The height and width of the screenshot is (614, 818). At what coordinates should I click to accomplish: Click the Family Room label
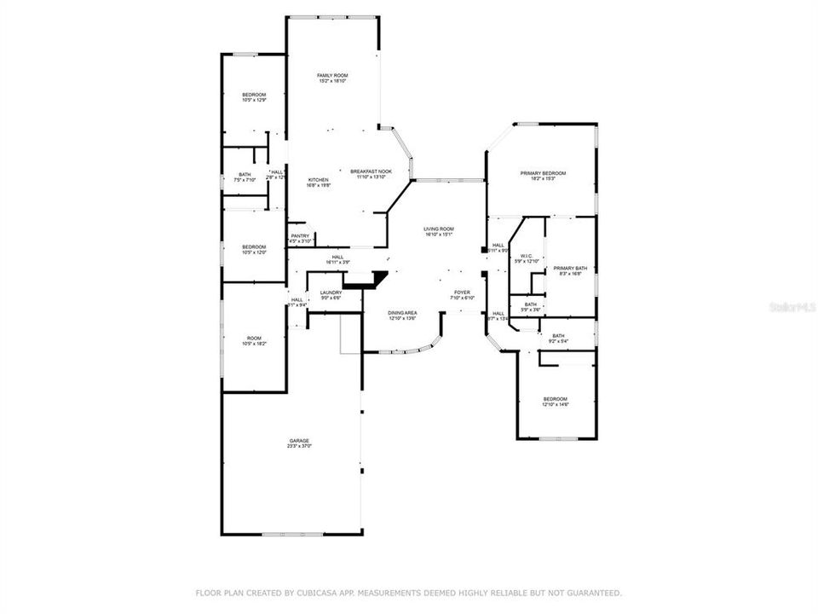(x=332, y=76)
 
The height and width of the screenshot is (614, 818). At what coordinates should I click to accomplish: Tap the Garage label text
(x=299, y=441)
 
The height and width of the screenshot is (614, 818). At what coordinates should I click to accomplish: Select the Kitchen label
(x=318, y=180)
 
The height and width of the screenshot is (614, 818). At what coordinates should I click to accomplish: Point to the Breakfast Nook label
(x=371, y=171)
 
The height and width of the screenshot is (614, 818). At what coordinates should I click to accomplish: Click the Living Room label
(x=439, y=229)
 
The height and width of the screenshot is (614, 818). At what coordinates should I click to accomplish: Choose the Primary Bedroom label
(x=543, y=173)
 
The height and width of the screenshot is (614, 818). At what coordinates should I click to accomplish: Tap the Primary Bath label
(x=570, y=268)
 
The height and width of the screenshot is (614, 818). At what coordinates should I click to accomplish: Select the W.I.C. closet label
(x=528, y=256)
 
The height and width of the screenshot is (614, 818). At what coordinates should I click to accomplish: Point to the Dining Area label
(x=402, y=313)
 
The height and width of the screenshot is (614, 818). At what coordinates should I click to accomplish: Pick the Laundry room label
(x=331, y=293)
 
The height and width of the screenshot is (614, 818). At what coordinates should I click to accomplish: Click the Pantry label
(x=300, y=236)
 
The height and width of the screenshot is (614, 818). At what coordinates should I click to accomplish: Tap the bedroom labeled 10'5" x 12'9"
(x=253, y=95)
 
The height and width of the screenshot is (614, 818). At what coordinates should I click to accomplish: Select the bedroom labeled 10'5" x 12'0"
(x=253, y=247)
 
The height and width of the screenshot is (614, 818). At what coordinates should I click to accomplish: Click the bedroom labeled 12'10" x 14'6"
(x=556, y=399)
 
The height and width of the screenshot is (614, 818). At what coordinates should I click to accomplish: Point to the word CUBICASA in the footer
(x=313, y=593)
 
